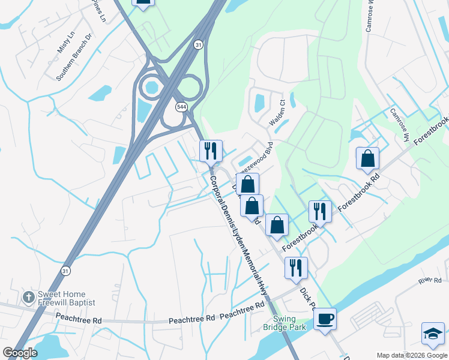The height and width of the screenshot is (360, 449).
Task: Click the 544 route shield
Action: [181, 107]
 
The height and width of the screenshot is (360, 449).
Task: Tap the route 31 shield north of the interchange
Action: [198, 44]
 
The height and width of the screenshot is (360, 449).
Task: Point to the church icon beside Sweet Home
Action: [28, 297]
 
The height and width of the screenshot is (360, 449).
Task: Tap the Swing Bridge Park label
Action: [285, 323]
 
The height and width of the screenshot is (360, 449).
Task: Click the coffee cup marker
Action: [325, 318]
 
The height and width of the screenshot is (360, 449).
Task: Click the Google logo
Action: [20, 353]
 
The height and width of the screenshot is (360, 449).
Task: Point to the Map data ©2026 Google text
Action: [411, 355]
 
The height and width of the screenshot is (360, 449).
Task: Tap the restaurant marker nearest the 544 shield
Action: [210, 150]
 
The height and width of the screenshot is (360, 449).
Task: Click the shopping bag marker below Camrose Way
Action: [367, 158]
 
